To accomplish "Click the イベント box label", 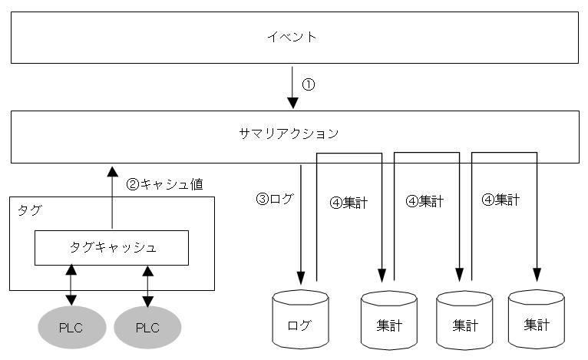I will pyautogui.click(x=295, y=37).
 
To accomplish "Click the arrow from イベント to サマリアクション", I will pyautogui.click(x=292, y=88).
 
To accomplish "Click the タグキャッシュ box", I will pyautogui.click(x=112, y=247).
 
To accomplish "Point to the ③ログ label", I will pyautogui.click(x=274, y=199).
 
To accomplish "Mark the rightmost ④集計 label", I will pyautogui.click(x=500, y=200).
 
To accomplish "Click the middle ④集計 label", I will pyautogui.click(x=424, y=202).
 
